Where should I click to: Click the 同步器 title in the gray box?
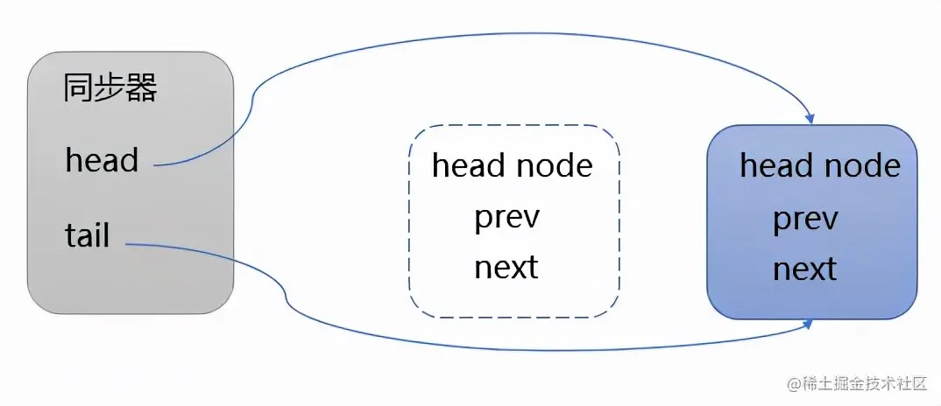tap(110, 88)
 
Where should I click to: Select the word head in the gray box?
tap(102, 160)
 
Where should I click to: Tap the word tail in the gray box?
tap(88, 234)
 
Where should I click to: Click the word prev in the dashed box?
tap(507, 218)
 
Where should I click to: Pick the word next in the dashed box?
tap(506, 267)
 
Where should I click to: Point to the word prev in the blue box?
tap(805, 219)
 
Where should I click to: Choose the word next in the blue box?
tap(804, 269)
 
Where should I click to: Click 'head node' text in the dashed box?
tap(513, 164)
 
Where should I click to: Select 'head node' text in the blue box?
tap(820, 165)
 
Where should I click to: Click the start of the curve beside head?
tap(157, 164)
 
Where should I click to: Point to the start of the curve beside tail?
tap(128, 244)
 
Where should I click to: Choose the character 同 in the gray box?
tap(78, 88)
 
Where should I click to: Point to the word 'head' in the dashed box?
tap(469, 164)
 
